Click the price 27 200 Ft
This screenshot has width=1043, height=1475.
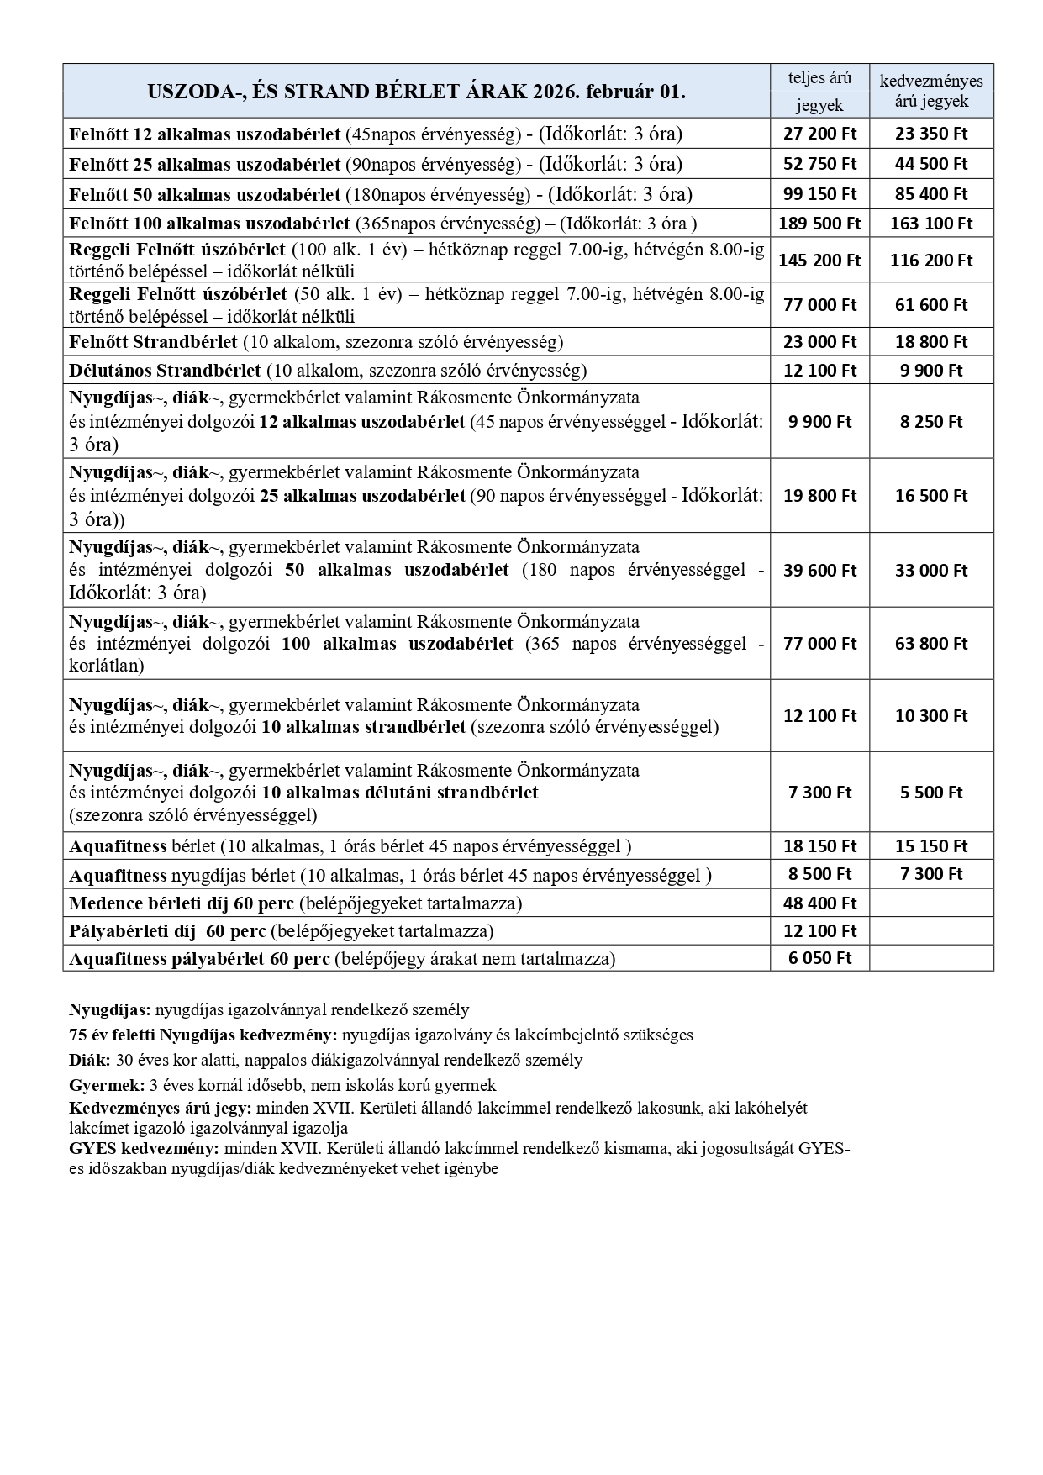pos(819,133)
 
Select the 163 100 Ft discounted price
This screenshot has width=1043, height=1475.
pos(931,224)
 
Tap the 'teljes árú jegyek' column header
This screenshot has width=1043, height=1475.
pos(819,91)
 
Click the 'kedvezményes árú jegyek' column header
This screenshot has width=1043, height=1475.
pos(931,91)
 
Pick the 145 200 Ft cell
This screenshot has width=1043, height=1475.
pos(819,261)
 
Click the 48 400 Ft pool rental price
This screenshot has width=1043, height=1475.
pos(819,903)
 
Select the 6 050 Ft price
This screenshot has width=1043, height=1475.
pos(819,958)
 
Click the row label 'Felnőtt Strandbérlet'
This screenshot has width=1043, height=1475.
pos(154,342)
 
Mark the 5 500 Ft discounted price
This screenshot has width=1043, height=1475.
pos(931,793)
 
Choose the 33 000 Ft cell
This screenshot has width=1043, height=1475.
pos(931,571)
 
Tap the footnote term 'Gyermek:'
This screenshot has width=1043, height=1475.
pos(106,1085)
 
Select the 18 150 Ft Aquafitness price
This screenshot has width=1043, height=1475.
pos(819,846)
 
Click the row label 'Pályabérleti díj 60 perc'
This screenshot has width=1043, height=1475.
pos(167,931)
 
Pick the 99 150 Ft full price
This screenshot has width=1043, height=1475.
pos(819,194)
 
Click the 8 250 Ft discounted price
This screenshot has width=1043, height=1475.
pos(931,422)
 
